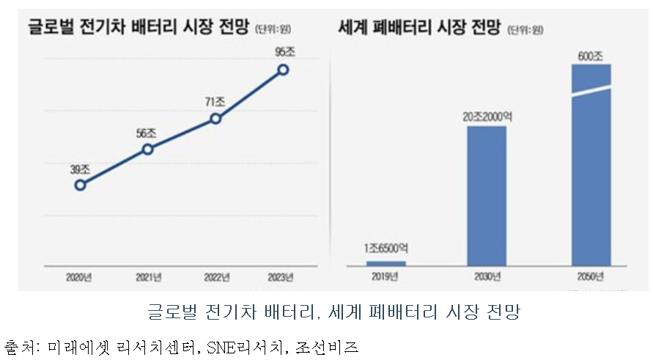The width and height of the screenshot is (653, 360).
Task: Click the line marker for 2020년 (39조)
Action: pyautogui.click(x=80, y=185)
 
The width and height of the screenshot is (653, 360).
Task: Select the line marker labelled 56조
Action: pyautogui.click(x=148, y=149)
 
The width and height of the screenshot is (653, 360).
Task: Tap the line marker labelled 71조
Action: pyautogui.click(x=215, y=118)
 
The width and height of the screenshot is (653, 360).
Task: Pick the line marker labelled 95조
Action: pyautogui.click(x=284, y=70)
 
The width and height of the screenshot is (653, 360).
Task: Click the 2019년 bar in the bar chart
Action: pyautogui.click(x=385, y=262)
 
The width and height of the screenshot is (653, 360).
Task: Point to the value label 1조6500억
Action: pyautogui.click(x=385, y=249)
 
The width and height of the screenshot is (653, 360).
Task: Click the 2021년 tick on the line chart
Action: pyautogui.click(x=149, y=278)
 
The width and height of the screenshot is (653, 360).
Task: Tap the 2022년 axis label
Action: pyautogui.click(x=216, y=278)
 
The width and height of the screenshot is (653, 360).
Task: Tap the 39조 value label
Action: pyautogui.click(x=80, y=169)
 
